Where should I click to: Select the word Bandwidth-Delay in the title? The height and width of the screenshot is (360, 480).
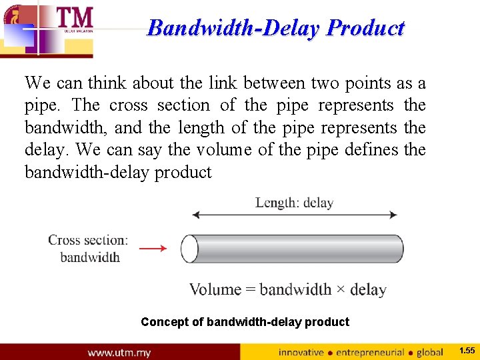click(x=235, y=28)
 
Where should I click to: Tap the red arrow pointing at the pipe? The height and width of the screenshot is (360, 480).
click(x=153, y=249)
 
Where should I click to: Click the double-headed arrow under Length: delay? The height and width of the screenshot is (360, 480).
click(x=294, y=215)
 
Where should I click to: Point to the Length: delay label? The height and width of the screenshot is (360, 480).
click(x=294, y=203)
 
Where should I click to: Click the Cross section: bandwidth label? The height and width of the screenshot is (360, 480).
click(x=88, y=248)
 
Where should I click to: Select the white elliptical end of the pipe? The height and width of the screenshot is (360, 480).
click(x=189, y=249)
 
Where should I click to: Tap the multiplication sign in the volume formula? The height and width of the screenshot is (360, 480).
click(x=341, y=289)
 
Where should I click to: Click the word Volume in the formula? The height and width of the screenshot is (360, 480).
click(x=215, y=289)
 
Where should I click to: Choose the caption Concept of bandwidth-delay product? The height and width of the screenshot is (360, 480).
click(x=245, y=322)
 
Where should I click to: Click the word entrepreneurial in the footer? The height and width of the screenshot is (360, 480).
click(x=370, y=352)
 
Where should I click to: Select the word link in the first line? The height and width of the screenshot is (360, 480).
click(x=223, y=83)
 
